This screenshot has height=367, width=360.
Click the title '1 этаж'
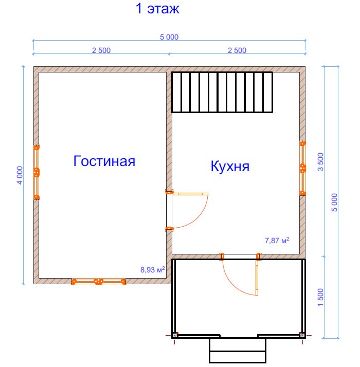(x=157, y=9)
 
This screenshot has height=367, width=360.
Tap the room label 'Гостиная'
(x=104, y=161)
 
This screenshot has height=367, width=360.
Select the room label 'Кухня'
(x=230, y=166)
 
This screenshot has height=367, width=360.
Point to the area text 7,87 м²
(x=277, y=240)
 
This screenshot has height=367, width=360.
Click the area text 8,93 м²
(x=152, y=269)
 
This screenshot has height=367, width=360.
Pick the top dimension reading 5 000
(x=169, y=37)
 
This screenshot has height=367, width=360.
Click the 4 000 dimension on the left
(x=20, y=175)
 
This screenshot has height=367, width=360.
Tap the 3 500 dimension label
(x=320, y=162)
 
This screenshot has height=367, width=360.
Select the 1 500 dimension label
(x=320, y=297)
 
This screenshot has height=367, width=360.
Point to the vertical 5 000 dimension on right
(x=334, y=203)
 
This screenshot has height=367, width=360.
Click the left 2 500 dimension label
(x=101, y=50)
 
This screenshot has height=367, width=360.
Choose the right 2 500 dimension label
(x=237, y=50)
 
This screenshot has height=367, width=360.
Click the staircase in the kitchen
(x=222, y=92)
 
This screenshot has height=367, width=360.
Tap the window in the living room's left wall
(x=37, y=172)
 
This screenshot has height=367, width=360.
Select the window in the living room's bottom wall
(x=99, y=281)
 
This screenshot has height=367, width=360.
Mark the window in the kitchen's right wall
(x=303, y=168)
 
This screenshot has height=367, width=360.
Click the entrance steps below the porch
(x=238, y=351)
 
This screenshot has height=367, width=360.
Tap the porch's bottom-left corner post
(x=175, y=336)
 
